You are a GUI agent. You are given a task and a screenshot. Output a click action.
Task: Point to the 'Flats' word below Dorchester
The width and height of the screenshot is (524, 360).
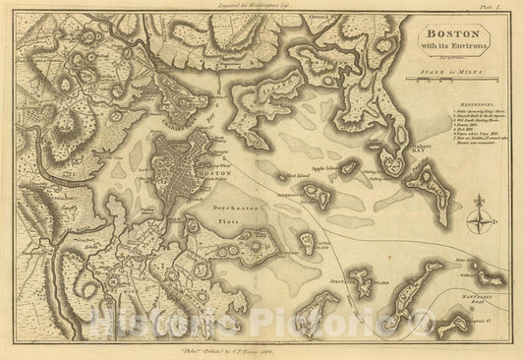click(224, 222)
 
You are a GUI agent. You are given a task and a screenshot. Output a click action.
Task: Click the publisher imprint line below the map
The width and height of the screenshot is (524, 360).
click(262, 349)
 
